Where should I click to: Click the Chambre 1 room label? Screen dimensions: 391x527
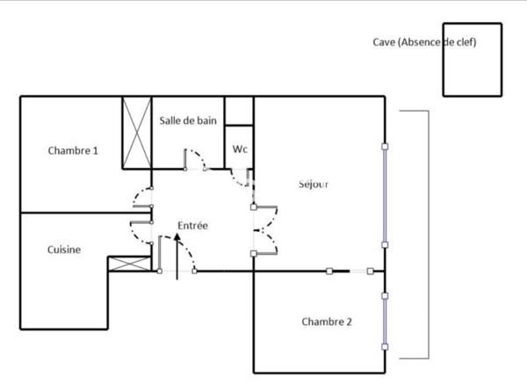click(x=73, y=150)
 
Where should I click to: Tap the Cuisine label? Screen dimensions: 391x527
click(x=64, y=250)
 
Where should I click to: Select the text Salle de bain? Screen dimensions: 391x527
click(x=189, y=121)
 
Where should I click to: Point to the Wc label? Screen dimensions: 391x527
click(x=240, y=149)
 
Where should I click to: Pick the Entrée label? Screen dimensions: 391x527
click(x=192, y=226)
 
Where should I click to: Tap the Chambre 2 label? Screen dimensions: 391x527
click(x=326, y=322)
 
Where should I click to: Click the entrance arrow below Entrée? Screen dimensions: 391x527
click(x=178, y=259)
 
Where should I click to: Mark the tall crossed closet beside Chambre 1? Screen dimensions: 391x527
click(x=136, y=133)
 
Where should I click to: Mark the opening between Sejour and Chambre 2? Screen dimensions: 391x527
click(x=349, y=272)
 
